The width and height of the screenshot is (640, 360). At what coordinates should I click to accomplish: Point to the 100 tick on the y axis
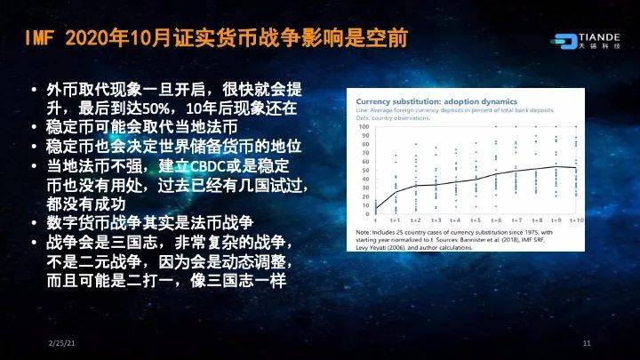(364, 126)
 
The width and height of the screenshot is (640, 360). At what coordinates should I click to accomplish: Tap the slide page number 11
(587, 344)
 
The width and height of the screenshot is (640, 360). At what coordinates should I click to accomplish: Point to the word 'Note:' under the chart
(364, 232)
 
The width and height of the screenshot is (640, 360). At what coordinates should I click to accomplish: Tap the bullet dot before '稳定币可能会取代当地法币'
(33, 127)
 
